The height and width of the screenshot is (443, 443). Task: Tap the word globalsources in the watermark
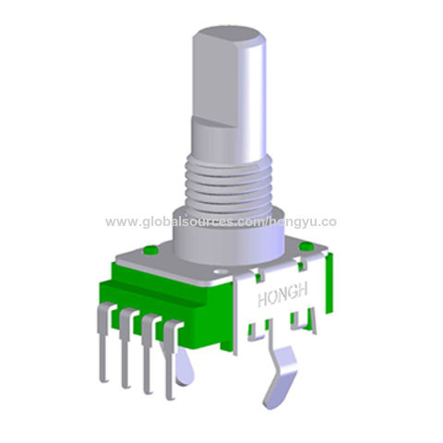coord(184,222)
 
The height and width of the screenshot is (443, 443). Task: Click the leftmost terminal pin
coord(103,352)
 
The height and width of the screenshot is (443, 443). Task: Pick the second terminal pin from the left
coord(125,355)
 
